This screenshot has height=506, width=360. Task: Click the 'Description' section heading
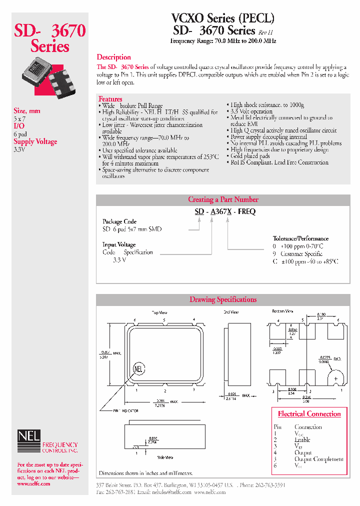[113, 57]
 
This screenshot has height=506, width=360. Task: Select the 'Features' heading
[110, 99]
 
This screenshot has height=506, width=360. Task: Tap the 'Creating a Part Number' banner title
[223, 199]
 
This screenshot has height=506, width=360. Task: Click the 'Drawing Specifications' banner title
[223, 299]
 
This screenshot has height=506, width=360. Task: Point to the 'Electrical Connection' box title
[309, 414]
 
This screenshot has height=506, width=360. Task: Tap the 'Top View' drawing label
[160, 311]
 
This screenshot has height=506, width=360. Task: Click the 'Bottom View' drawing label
[283, 311]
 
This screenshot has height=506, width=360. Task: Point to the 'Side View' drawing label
[165, 457]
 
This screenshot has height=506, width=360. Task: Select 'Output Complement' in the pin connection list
[318, 459]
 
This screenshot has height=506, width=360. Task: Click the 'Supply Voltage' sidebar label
[35, 141]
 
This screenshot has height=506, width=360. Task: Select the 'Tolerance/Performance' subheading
[300, 238]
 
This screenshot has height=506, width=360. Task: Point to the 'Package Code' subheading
[119, 221]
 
